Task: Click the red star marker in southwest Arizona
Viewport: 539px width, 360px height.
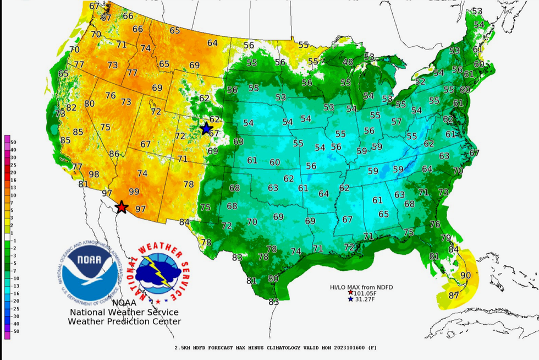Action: pos(122,207)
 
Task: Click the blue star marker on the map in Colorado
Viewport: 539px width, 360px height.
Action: pos(206,128)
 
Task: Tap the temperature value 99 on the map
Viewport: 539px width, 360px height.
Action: pos(134,192)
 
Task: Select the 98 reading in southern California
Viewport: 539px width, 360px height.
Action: pos(94,174)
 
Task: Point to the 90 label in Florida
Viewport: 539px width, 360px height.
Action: pos(465,275)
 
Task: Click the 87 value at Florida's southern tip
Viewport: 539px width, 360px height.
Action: pos(454,296)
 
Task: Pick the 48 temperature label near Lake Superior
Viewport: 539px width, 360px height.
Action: pos(348,62)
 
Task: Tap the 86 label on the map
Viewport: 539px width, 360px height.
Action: pos(114,154)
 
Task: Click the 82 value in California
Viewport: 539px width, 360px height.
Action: pos(71,108)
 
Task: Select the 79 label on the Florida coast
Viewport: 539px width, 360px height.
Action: pos(446,238)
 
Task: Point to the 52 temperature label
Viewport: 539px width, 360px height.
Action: pos(420,81)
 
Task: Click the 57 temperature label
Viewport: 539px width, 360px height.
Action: pos(397,121)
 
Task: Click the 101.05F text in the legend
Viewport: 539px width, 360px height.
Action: pos(365,293)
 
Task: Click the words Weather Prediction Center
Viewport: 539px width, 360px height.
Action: pos(124,321)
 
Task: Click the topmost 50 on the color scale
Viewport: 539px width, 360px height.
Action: pos(13,142)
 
